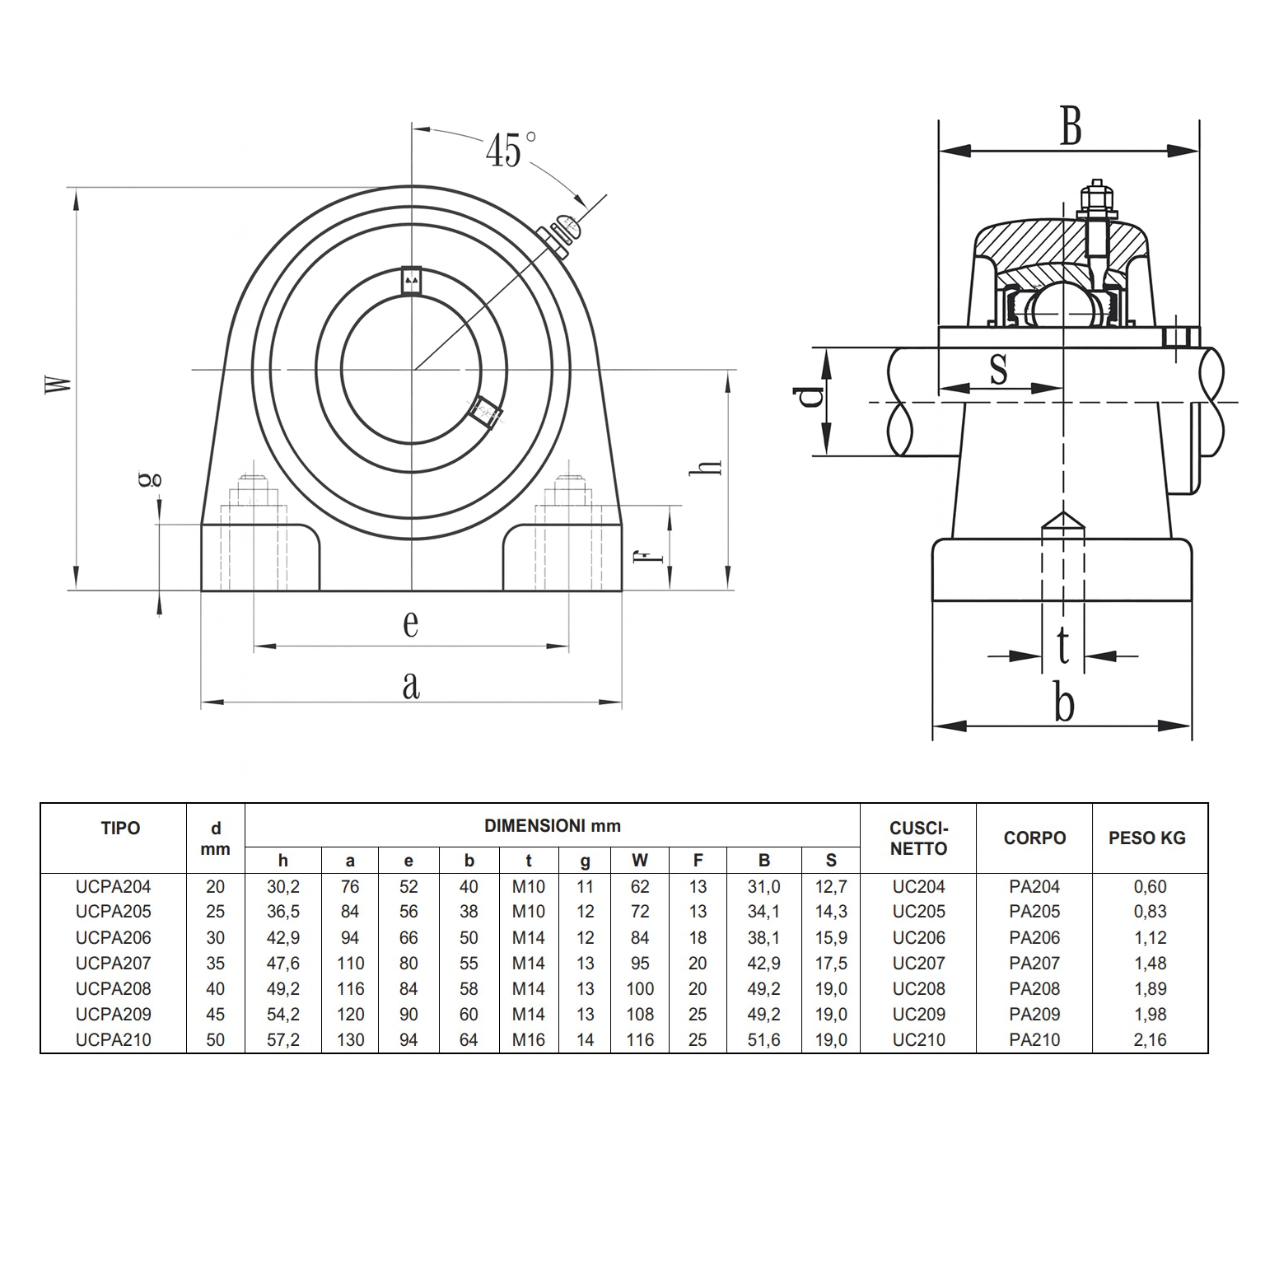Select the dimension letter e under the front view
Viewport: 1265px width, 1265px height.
point(410,623)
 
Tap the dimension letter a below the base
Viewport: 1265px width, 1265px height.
point(410,685)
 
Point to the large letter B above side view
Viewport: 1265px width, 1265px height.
point(1070,128)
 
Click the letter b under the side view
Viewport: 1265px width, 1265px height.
point(1064,705)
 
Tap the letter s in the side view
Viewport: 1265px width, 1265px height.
point(998,368)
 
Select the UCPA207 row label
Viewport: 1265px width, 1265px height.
point(114,963)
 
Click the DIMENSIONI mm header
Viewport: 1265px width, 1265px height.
point(552,826)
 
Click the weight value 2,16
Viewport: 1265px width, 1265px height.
point(1150,1040)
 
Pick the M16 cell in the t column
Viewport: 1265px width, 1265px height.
point(528,1040)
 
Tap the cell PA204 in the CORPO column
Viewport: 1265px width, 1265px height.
point(1034,887)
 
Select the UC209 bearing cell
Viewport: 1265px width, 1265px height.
point(918,1015)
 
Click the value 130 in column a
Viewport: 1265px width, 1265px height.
point(350,1040)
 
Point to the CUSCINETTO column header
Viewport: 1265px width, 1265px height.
point(918,838)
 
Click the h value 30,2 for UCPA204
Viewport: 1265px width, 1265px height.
point(283,887)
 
